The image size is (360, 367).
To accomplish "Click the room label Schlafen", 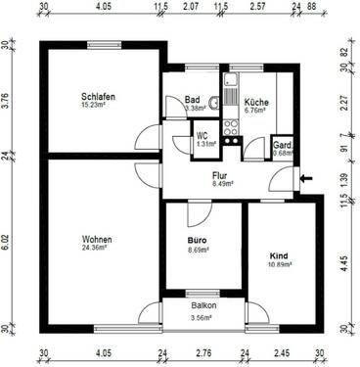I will coord(99,97).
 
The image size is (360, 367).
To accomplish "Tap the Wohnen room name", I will coord(97,240).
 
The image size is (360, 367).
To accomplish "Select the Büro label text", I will coord(199,239).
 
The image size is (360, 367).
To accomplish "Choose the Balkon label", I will coord(203,305).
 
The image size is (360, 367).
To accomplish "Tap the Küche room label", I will coord(257,102).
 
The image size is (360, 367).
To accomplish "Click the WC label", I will coord(202,136).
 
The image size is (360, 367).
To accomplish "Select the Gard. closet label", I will coord(282,143).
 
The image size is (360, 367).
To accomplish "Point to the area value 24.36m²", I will coord(97,249).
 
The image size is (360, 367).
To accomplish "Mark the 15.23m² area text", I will coord(99,106).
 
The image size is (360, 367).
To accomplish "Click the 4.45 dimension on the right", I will coord(345,261).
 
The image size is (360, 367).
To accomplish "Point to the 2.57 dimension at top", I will coord(257,8).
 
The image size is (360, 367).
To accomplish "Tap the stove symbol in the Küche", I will coord(232,126).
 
